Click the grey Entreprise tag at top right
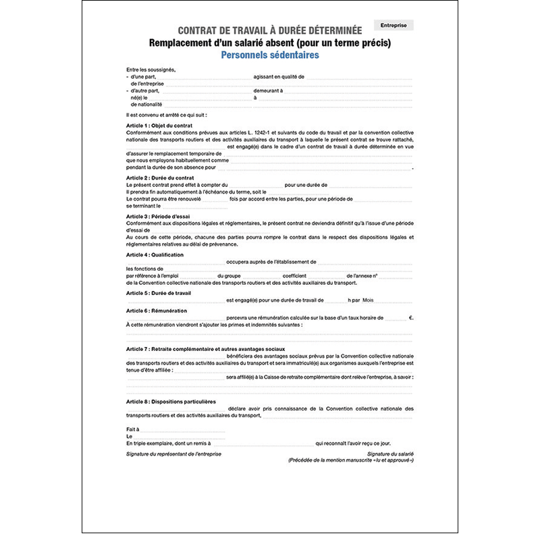pyautogui.click(x=394, y=26)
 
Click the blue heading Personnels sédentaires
pyautogui.click(x=269, y=55)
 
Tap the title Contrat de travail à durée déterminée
pyautogui.click(x=269, y=30)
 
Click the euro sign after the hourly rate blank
pyautogui.click(x=410, y=317)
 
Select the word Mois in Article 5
pyautogui.click(x=368, y=300)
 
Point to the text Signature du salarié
pyautogui.click(x=391, y=454)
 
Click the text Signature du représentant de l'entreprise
pyautogui.click(x=173, y=454)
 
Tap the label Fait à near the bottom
pyautogui.click(x=132, y=429)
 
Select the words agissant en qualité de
pyautogui.click(x=279, y=77)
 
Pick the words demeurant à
pyautogui.click(x=268, y=90)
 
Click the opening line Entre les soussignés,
pyautogui.click(x=151, y=70)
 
